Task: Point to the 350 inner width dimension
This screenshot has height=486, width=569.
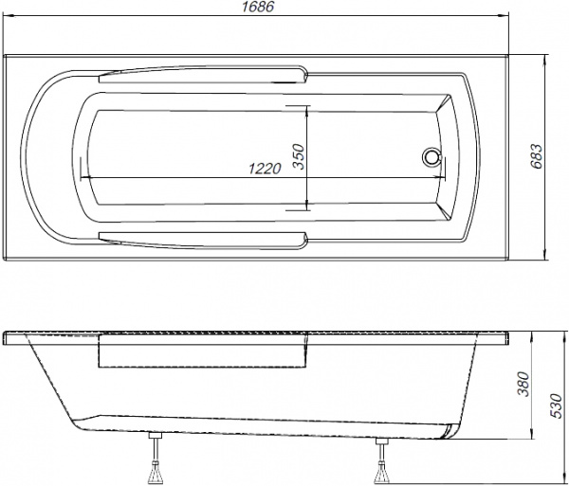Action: [x=298, y=157]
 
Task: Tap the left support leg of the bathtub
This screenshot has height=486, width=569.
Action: [x=155, y=459]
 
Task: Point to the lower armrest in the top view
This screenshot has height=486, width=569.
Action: [x=204, y=238]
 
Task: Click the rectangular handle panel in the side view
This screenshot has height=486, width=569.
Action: [x=204, y=353]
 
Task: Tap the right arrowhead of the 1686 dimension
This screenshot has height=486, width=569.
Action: [x=509, y=21]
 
